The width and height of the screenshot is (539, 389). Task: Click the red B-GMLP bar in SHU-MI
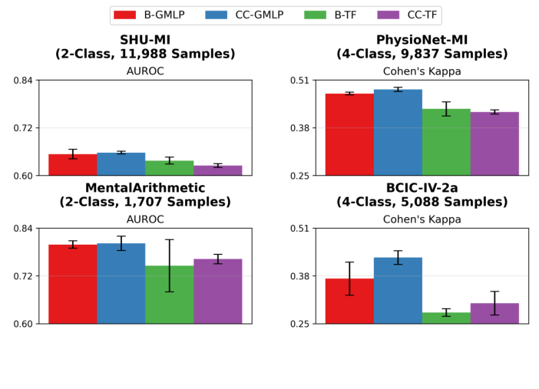point(72,165)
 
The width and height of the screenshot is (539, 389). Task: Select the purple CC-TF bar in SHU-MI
point(217,170)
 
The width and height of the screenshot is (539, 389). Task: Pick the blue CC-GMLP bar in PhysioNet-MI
point(398,133)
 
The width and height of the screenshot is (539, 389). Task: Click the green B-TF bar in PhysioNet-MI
point(446,142)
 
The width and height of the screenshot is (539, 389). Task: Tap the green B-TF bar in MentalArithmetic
point(169,295)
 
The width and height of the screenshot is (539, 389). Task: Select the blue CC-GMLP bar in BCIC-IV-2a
point(398,291)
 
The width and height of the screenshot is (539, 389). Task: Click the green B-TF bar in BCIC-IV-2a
point(446,318)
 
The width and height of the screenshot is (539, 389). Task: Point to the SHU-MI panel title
point(145,47)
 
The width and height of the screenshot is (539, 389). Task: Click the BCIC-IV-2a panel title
point(422,195)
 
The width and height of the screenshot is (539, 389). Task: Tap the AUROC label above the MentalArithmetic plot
point(145,219)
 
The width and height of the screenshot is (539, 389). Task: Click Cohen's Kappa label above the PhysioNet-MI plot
point(422,71)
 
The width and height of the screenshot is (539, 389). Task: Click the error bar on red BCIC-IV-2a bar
point(349,279)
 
